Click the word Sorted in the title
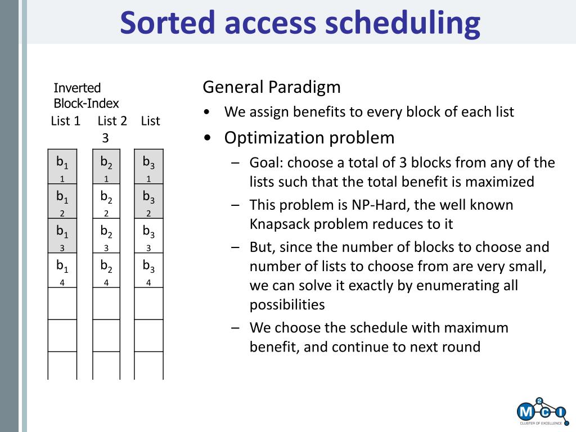pos(167,22)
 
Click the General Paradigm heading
pos(272,87)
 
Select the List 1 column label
pos(65,120)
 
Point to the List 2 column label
pos(112,120)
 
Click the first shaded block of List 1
pos(62,166)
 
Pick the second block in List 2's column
pos(106,201)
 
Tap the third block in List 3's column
pos(148,236)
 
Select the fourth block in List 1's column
pos(62,270)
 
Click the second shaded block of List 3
pos(148,201)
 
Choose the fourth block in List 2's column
pos(106,270)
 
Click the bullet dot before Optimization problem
pos(208,138)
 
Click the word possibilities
pos(287,304)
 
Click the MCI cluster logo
pos(541,411)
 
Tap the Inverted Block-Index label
pos(86,96)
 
